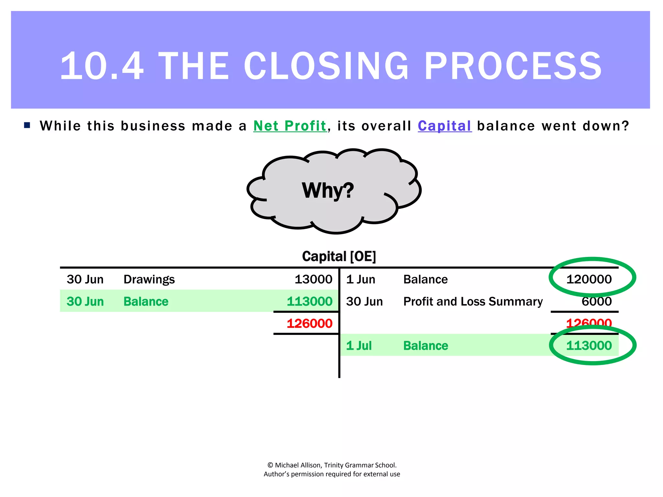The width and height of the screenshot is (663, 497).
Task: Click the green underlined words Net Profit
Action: (x=290, y=126)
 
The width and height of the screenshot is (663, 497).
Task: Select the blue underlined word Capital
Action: (x=444, y=126)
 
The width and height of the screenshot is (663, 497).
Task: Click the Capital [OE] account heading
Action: (x=339, y=256)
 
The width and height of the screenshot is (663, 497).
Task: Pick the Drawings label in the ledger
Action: (x=149, y=279)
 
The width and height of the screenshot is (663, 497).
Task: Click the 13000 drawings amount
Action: (x=313, y=279)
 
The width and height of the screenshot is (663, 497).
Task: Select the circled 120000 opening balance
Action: (x=589, y=279)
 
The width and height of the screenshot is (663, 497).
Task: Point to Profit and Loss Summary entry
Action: (x=473, y=301)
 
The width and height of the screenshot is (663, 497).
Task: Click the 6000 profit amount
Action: (x=596, y=301)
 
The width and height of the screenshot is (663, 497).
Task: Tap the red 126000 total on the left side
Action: (x=309, y=323)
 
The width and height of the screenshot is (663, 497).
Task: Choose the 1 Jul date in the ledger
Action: (x=359, y=346)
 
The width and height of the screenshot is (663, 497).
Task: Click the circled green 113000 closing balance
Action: (x=589, y=346)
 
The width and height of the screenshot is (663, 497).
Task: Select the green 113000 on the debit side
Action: (x=309, y=301)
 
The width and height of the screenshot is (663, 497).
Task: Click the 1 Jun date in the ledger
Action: (x=360, y=279)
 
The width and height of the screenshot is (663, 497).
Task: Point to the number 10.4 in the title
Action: (x=102, y=66)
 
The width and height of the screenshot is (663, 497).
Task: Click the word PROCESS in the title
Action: (x=513, y=66)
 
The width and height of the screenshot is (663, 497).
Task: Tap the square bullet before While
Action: (x=27, y=125)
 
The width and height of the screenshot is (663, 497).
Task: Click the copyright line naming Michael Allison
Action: (x=332, y=465)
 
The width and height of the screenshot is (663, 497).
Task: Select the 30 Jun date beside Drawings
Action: (x=85, y=279)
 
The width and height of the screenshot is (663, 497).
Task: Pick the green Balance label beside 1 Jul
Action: (x=425, y=346)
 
